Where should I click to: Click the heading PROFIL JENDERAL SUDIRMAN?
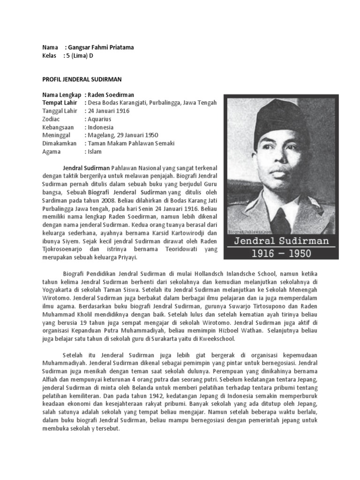point(82,80)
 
